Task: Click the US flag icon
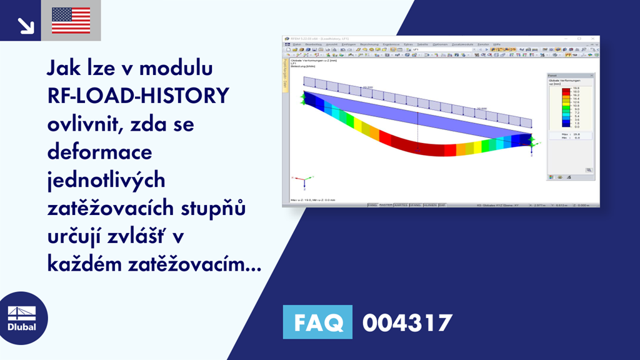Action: coord(71,20)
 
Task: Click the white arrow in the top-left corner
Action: coord(26,24)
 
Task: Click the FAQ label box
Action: coord(317,322)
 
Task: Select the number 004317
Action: coord(407,322)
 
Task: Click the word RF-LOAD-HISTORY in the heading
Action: coord(137,96)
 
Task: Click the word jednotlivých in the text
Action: coord(106,181)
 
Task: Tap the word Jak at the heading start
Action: coord(62,67)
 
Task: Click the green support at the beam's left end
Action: coord(304,99)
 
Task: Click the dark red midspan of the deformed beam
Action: coord(419,150)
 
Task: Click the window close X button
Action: coord(594,39)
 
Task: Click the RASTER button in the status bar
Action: coord(387,204)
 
